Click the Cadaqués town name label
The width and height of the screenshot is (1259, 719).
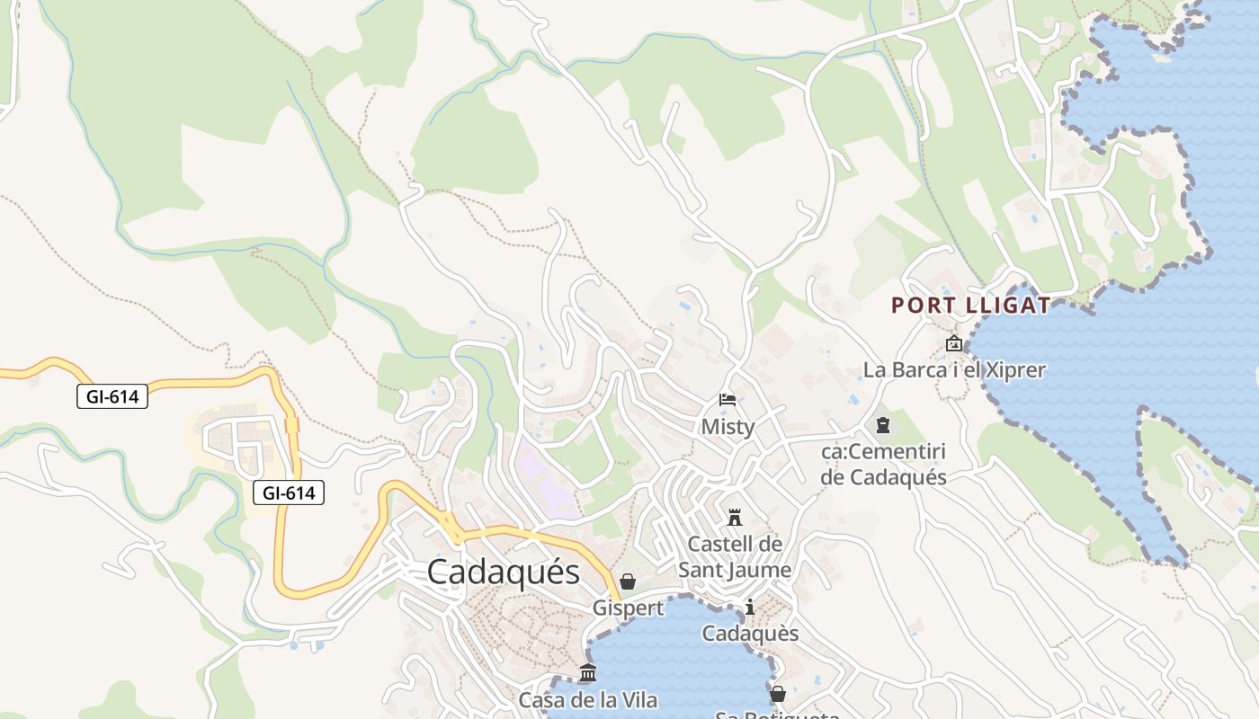tap(503, 572)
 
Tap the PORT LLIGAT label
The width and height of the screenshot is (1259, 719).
tap(970, 306)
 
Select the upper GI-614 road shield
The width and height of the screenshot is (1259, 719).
tap(112, 395)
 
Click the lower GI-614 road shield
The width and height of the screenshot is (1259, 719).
tap(288, 492)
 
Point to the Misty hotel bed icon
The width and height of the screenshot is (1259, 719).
tap(728, 400)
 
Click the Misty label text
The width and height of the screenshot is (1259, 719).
tap(728, 427)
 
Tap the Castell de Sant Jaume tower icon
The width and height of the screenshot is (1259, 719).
tap(735, 518)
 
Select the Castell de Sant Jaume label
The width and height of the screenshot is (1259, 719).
tap(735, 557)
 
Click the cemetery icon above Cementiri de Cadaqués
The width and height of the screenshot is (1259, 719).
tap(883, 424)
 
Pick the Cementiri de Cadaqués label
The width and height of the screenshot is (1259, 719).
tap(883, 464)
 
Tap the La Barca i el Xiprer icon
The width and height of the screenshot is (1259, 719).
tap(954, 343)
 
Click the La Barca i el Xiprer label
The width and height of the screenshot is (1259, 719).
tap(954, 370)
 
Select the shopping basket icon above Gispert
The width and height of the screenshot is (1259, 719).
tap(628, 581)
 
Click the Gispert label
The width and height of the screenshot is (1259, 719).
tap(628, 608)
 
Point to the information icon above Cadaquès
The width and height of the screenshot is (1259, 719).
tap(750, 608)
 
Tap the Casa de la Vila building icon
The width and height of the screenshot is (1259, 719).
tap(588, 672)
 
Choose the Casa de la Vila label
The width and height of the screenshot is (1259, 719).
tap(588, 700)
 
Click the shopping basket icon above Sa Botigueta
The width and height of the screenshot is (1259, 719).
tap(778, 694)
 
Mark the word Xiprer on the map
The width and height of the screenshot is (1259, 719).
tap(1013, 370)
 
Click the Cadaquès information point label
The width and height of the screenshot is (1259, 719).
tap(750, 634)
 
